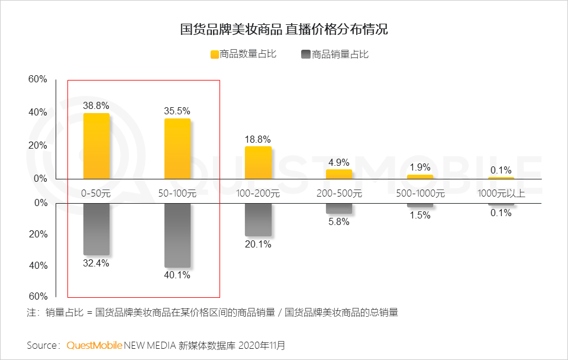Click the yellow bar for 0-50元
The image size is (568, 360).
coord(96,146)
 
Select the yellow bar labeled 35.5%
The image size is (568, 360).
coord(177,148)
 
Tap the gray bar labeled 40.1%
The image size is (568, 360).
coord(177,235)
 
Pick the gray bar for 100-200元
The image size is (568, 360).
coord(259,220)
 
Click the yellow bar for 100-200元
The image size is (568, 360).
coord(259,162)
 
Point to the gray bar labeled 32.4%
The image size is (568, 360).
coord(96,229)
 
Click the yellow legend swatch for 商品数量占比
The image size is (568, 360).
coord(215,54)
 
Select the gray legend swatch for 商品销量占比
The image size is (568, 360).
coord(306,54)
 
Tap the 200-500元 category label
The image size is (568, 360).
coord(339,193)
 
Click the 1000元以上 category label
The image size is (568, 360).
coord(501,193)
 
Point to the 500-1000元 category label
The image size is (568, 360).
coord(420,193)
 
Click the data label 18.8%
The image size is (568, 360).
coord(258,139)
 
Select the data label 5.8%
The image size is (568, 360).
coord(339,222)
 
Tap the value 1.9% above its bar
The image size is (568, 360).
coord(420,167)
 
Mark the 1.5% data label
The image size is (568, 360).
coord(420,216)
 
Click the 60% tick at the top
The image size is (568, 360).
coord(38,79)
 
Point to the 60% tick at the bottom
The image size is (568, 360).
coord(38,296)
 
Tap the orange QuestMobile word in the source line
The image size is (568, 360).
coord(95,345)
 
